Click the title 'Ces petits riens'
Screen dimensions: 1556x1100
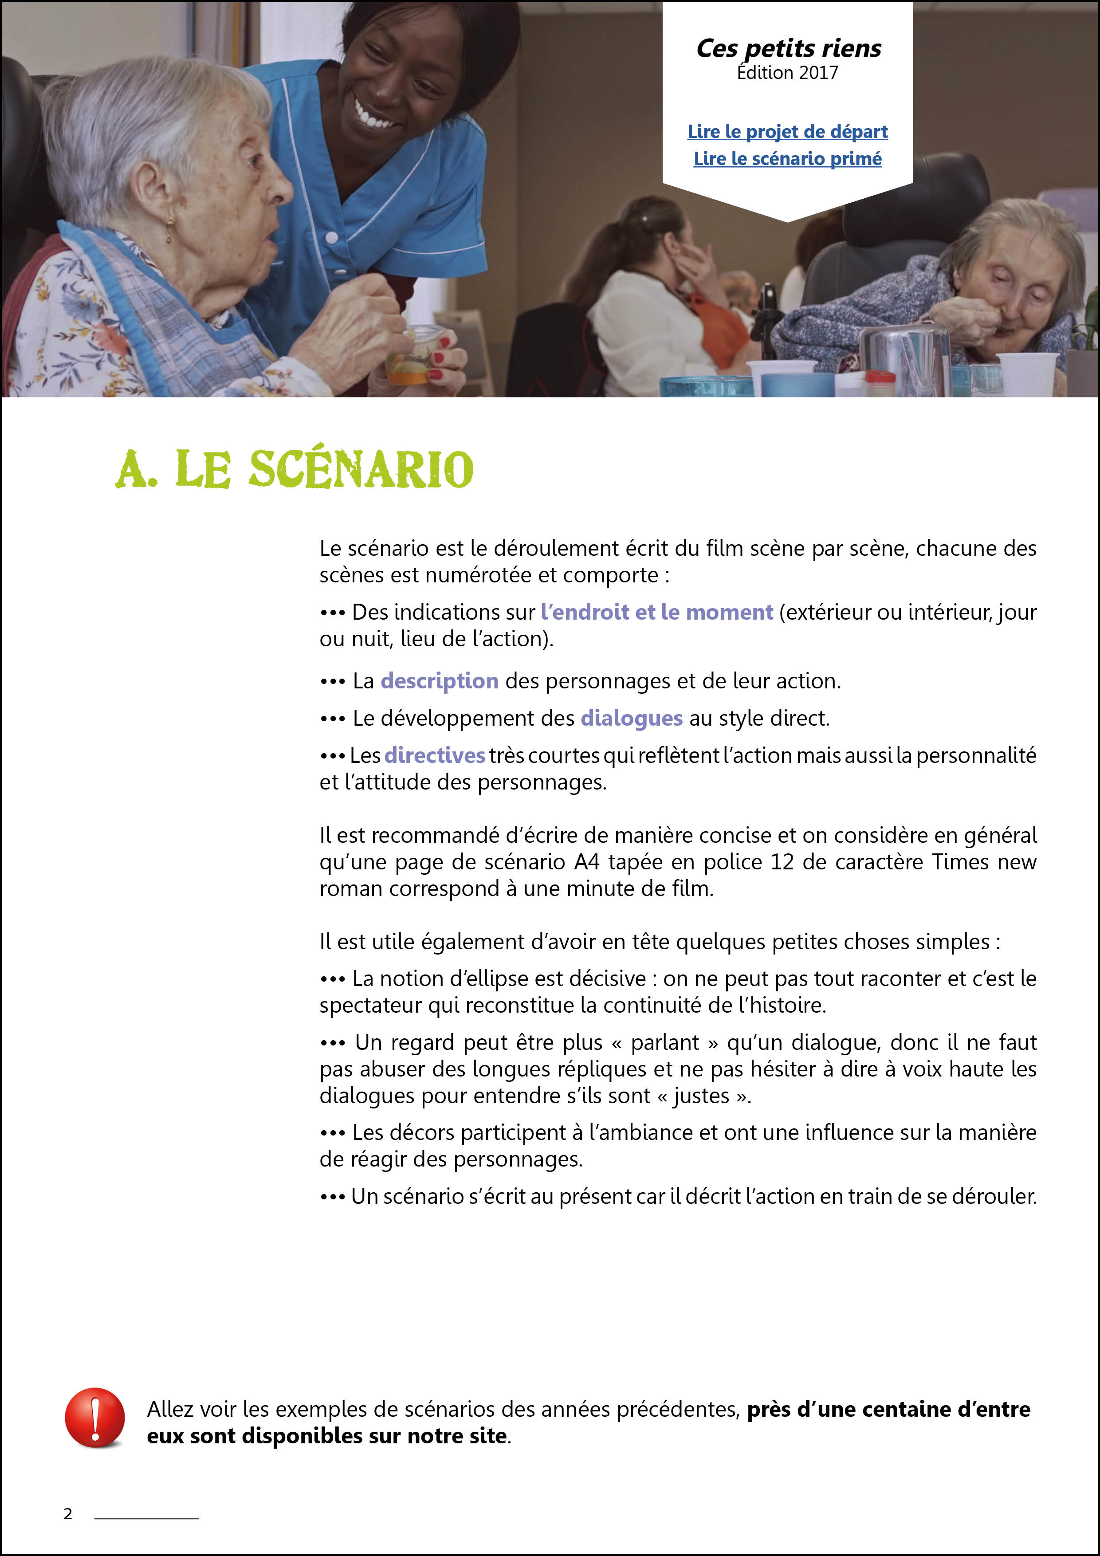tap(788, 49)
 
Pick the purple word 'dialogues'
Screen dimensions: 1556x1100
tap(631, 718)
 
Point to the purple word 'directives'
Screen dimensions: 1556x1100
tap(434, 755)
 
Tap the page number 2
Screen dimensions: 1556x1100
tap(68, 1514)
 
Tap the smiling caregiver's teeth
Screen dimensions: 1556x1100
tap(375, 117)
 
